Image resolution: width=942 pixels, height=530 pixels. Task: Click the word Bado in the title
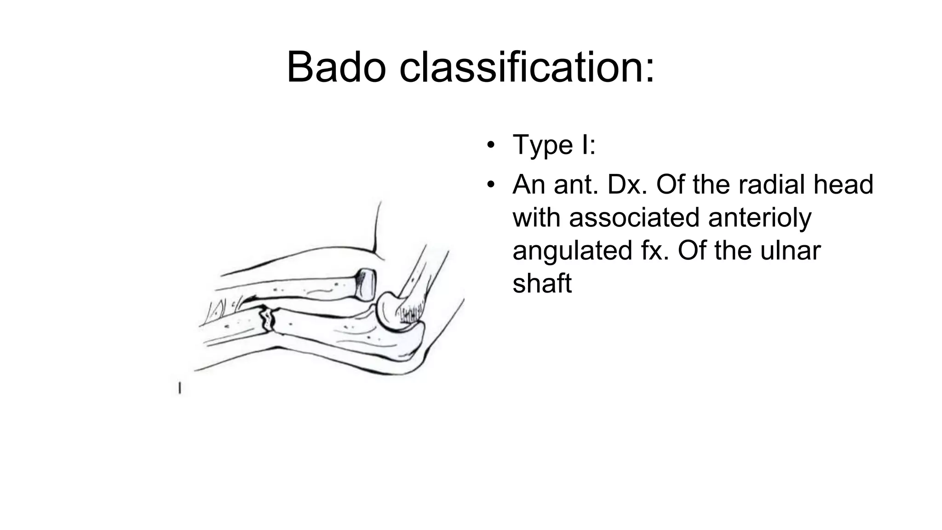[x=336, y=68]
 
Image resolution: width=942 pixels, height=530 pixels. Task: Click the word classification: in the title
[x=527, y=68]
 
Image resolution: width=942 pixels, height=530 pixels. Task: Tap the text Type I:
[x=554, y=145]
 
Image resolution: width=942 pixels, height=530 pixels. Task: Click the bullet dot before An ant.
[x=491, y=185]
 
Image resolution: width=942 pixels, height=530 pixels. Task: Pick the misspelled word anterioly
[x=760, y=218]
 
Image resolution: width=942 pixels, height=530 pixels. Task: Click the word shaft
[x=542, y=283]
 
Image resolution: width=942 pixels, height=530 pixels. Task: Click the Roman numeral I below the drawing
[x=179, y=388]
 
